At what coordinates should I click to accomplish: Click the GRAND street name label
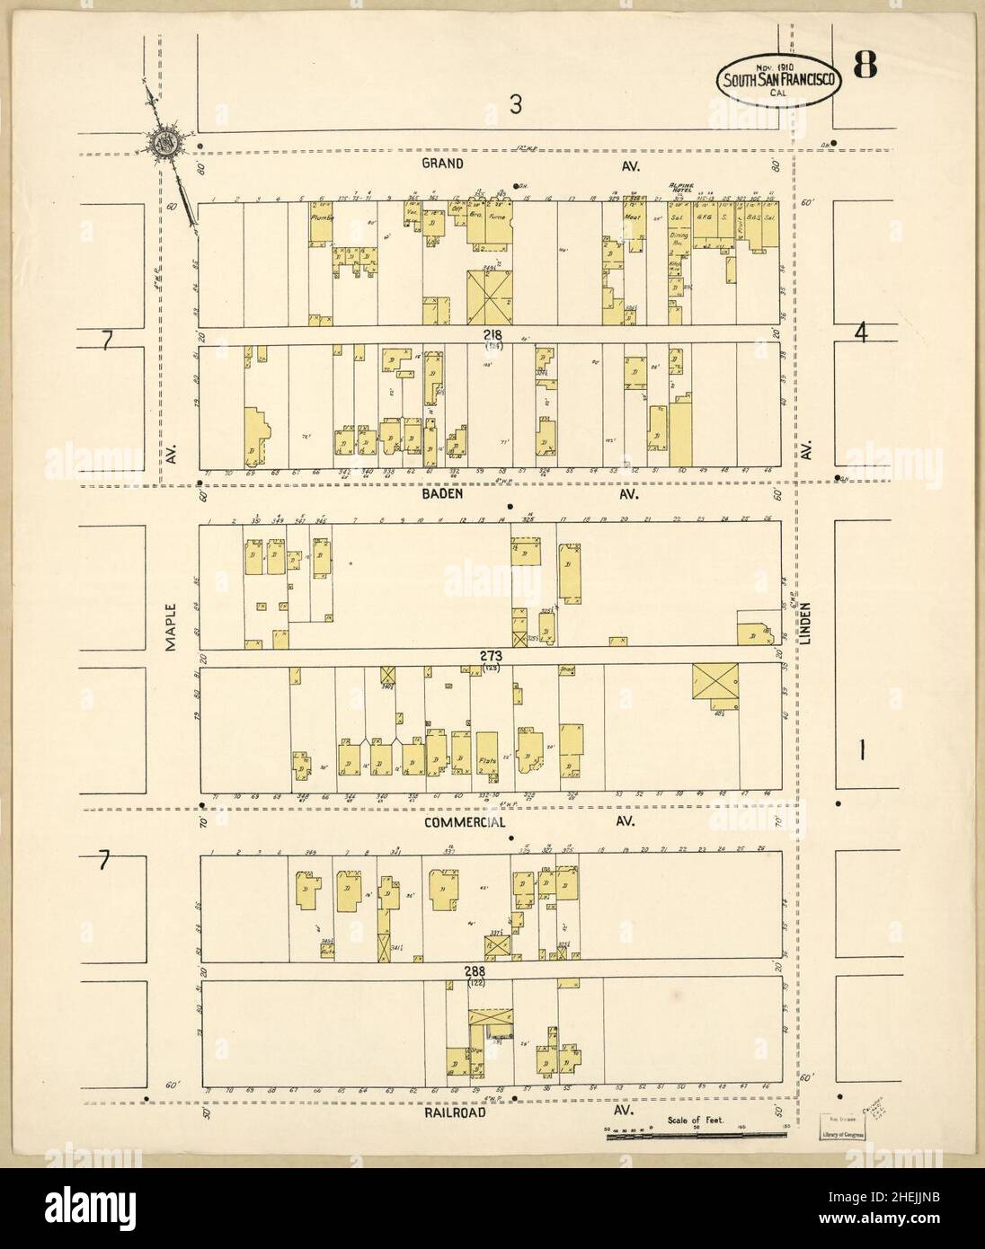pyautogui.click(x=445, y=164)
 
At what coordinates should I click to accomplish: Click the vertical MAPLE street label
pyautogui.click(x=170, y=622)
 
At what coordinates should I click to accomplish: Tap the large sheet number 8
pyautogui.click(x=866, y=66)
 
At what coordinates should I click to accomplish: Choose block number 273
pyautogui.click(x=490, y=657)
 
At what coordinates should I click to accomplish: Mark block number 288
pyautogui.click(x=476, y=971)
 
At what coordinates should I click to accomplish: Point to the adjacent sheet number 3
pyautogui.click(x=515, y=106)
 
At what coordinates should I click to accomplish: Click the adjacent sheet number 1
pyautogui.click(x=860, y=753)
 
